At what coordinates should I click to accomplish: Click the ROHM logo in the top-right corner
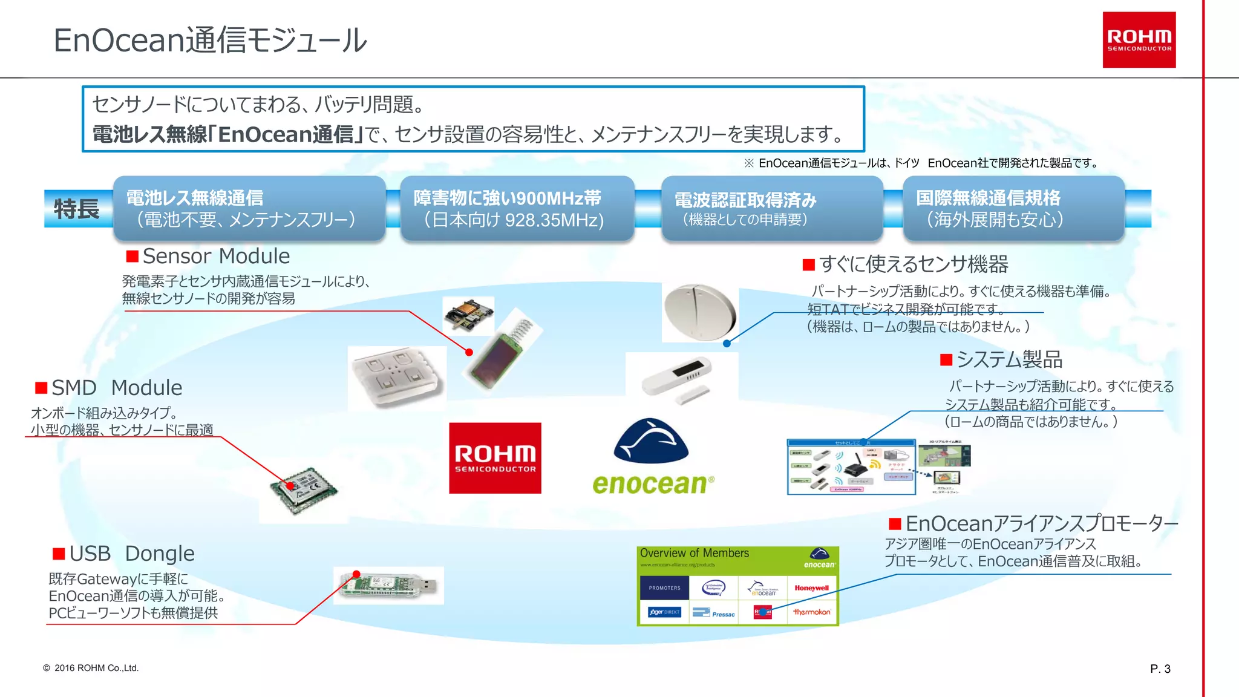click(1139, 40)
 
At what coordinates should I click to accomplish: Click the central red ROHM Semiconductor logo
click(495, 458)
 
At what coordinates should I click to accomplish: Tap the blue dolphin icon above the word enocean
click(650, 440)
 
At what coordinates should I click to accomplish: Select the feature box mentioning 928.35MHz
click(517, 209)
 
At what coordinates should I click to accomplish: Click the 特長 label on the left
click(77, 209)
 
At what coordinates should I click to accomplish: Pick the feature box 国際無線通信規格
click(1013, 209)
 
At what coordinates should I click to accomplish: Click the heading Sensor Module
click(216, 256)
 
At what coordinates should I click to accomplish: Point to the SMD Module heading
click(116, 388)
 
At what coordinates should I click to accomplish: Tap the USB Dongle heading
click(131, 554)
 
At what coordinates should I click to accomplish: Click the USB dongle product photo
click(388, 586)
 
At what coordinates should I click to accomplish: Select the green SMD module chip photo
click(304, 489)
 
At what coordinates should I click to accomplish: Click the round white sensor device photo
click(700, 312)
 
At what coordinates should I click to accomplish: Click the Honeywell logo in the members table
click(811, 588)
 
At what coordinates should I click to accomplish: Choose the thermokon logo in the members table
click(811, 612)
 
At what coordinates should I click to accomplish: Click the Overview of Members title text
click(694, 553)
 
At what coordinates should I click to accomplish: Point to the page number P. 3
click(1160, 669)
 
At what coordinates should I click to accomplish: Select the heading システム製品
click(1009, 360)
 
